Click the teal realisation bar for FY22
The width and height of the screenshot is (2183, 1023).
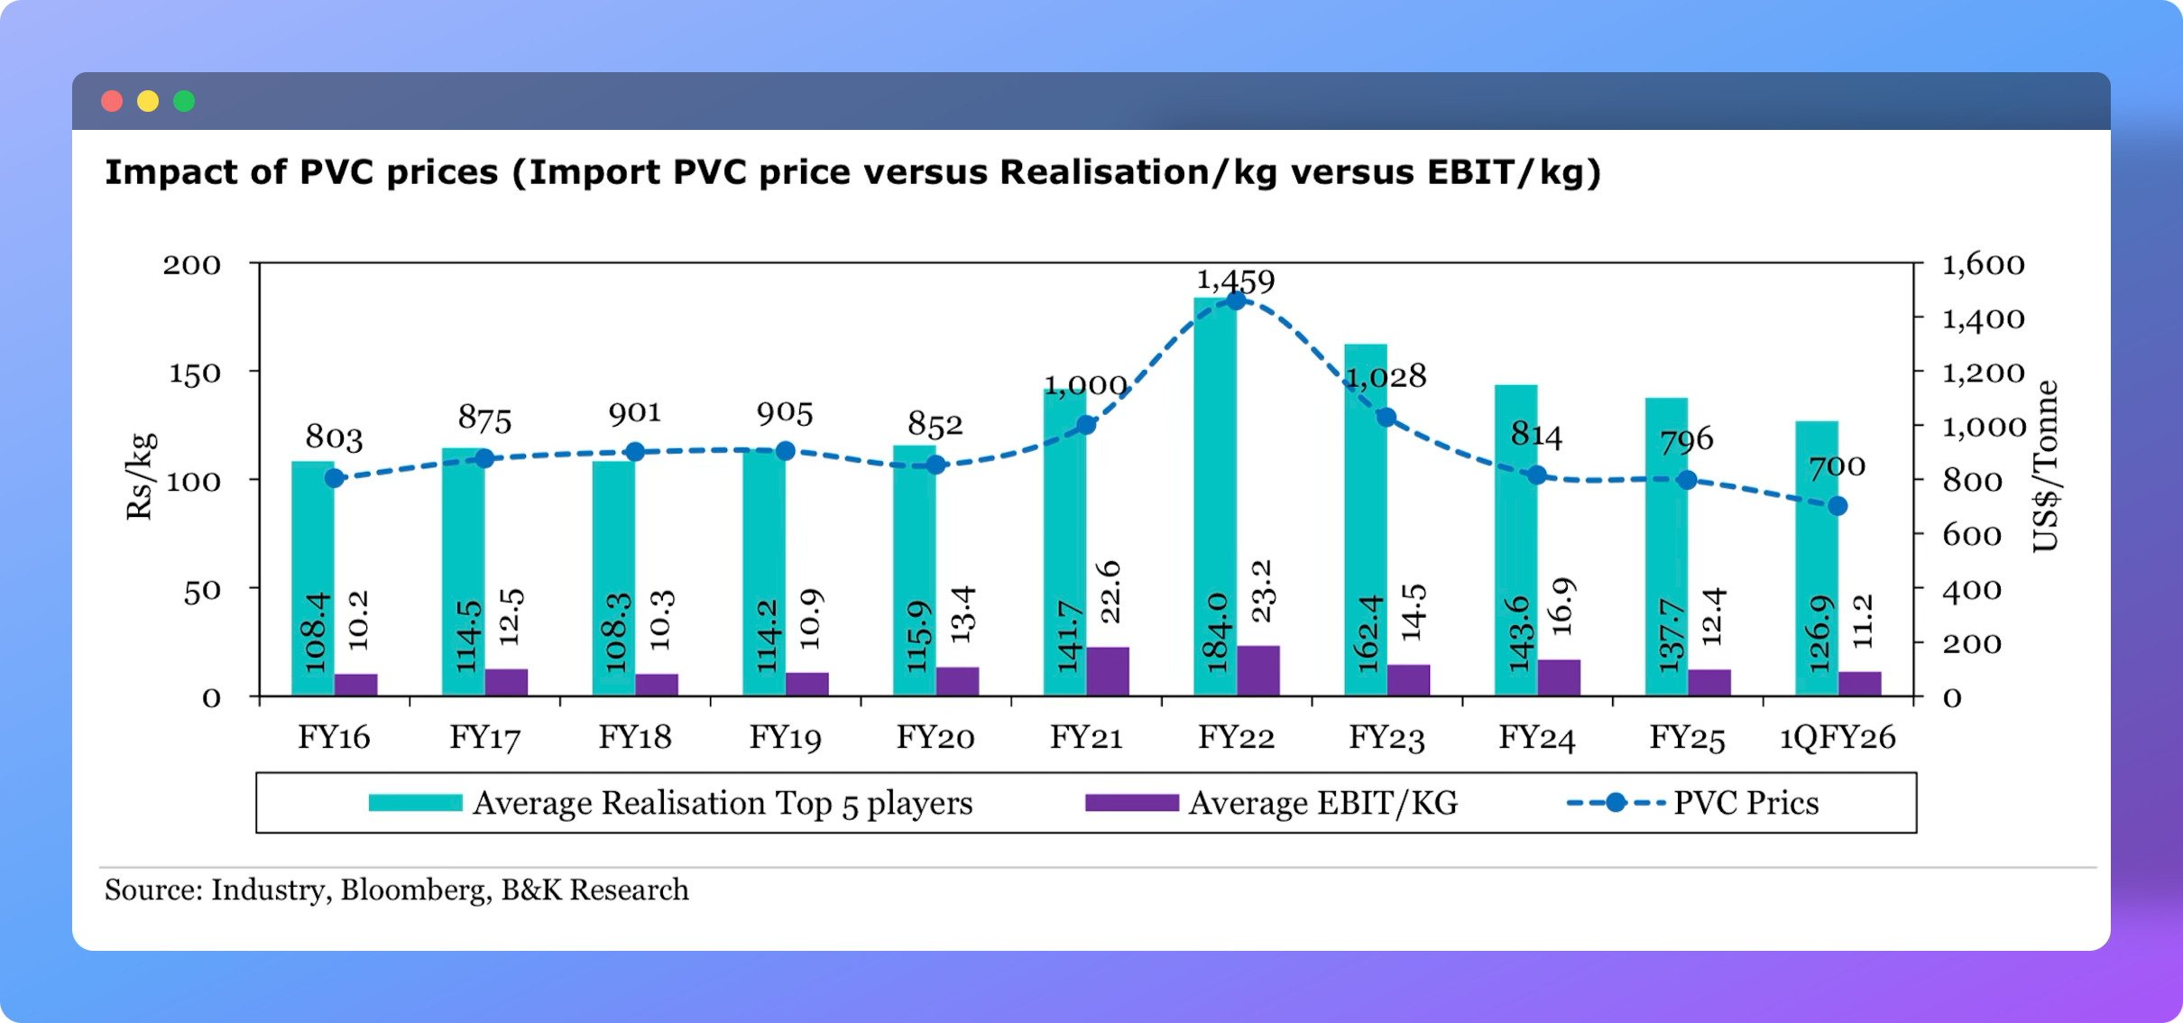coord(1214,496)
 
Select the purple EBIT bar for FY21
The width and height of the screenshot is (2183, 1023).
coord(1108,671)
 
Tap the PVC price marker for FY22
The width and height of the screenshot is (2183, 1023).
coord(1237,300)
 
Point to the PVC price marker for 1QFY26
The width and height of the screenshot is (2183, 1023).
coord(1838,506)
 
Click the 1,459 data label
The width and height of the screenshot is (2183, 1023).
coord(1235,280)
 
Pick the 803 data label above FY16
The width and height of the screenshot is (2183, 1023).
coord(334,438)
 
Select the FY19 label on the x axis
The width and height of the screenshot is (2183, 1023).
coord(785,738)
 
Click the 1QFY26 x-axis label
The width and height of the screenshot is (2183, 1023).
coord(1837,738)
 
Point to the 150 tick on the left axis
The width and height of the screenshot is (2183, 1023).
coord(195,373)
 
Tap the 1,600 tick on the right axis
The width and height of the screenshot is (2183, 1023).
coord(1983,264)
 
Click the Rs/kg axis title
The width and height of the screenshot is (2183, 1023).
coord(142,476)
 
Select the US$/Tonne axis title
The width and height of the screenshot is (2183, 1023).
coord(2046,465)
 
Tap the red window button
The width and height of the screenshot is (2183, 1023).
coord(112,101)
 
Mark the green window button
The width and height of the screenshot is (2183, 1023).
coord(184,101)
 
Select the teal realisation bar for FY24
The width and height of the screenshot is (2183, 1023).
coord(1515,541)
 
